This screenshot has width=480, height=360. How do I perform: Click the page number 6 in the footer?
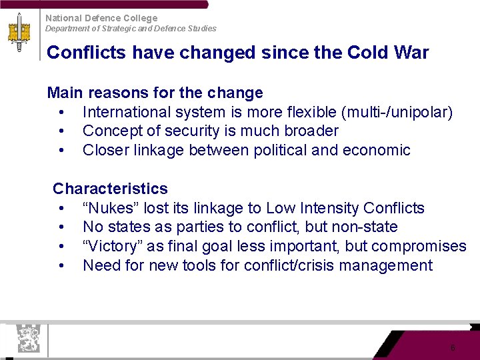pyautogui.click(x=453, y=348)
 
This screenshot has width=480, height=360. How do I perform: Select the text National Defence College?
pyautogui.click(x=101, y=18)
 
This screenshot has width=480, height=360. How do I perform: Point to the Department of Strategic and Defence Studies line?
pyautogui.click(x=131, y=29)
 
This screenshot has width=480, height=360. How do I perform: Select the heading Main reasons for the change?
pyautogui.click(x=155, y=93)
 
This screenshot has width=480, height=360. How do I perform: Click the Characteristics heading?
pyautogui.click(x=110, y=189)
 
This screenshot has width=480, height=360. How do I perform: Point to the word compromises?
pyautogui.click(x=419, y=247)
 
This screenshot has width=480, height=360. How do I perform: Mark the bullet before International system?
pyautogui.click(x=61, y=112)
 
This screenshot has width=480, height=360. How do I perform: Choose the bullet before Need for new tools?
pyautogui.click(x=61, y=266)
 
